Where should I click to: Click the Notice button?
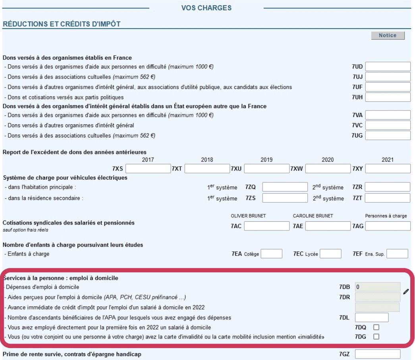click(388, 36)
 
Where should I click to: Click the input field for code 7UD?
click(388, 67)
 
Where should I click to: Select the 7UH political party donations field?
click(388, 97)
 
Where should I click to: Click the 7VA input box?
click(388, 115)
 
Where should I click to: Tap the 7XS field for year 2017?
click(148, 169)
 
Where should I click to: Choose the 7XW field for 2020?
click(328, 169)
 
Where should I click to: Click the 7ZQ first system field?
click(285, 187)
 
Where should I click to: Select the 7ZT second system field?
click(388, 198)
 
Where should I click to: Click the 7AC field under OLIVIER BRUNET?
click(267, 226)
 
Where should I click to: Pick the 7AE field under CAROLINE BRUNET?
click(328, 226)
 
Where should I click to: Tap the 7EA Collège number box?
click(271, 254)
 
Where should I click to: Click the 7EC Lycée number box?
click(330, 254)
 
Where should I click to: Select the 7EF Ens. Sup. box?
click(397, 254)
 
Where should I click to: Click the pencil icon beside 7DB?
click(406, 292)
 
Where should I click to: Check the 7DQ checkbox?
click(376, 327)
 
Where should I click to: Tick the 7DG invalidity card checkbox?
click(376, 337)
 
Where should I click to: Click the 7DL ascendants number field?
click(371, 317)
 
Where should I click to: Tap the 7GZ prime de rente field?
click(377, 354)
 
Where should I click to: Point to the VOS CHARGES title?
click(206, 8)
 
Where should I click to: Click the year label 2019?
click(266, 160)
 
